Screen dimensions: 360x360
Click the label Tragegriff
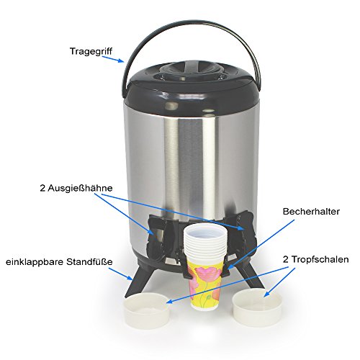tap(91, 51)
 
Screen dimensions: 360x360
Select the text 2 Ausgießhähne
tap(76, 188)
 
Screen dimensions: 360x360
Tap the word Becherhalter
tap(311, 212)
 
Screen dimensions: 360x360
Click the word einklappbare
tap(35, 261)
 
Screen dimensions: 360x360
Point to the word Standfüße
tap(89, 261)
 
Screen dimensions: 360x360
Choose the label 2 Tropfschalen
tap(315, 259)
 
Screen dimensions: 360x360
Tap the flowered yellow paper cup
tap(205, 284)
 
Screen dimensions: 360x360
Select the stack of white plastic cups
tap(205, 243)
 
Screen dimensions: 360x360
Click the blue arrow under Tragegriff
tap(113, 59)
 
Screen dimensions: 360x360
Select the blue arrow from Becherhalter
tap(261, 244)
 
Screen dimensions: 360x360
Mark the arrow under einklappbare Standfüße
tap(120, 274)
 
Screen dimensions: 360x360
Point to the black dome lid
tap(192, 89)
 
